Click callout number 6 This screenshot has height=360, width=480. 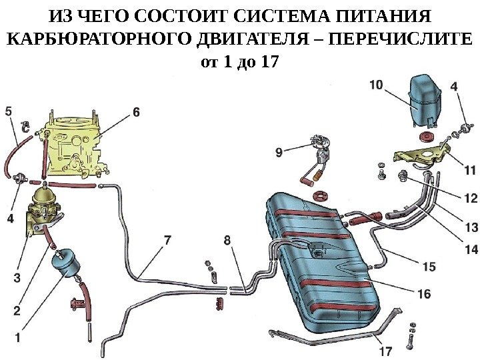(x=136, y=113)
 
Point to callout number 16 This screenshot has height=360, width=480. (x=424, y=293)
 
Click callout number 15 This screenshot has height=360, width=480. (x=429, y=266)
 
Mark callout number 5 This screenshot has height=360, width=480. (x=9, y=111)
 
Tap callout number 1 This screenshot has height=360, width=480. (x=17, y=338)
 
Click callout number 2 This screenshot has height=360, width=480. (x=17, y=310)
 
